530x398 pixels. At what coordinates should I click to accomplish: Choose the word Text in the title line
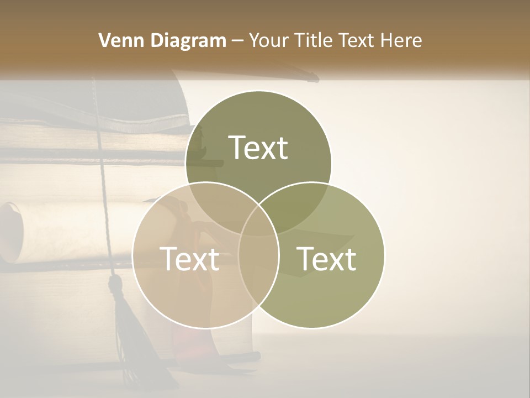coord(357,40)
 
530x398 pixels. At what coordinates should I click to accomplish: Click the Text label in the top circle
coord(258,148)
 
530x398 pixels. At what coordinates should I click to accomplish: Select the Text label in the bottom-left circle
coord(189,258)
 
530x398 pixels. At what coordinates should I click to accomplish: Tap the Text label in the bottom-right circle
coord(327,258)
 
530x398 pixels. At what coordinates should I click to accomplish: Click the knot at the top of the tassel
coord(115,285)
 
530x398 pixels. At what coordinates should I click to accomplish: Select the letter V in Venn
coord(104,40)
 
